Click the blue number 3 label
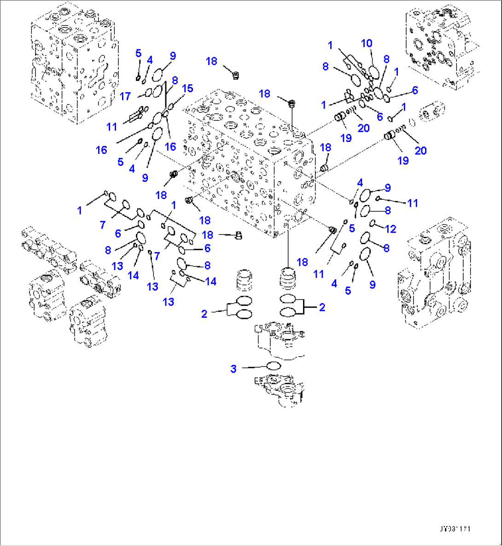(x=233, y=369)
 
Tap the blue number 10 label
(x=367, y=43)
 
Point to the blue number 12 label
(x=390, y=229)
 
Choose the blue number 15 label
(x=187, y=88)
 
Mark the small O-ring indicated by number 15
(x=171, y=106)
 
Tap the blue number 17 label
(x=125, y=96)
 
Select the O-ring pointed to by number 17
(x=148, y=94)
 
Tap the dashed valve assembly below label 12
(x=433, y=276)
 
